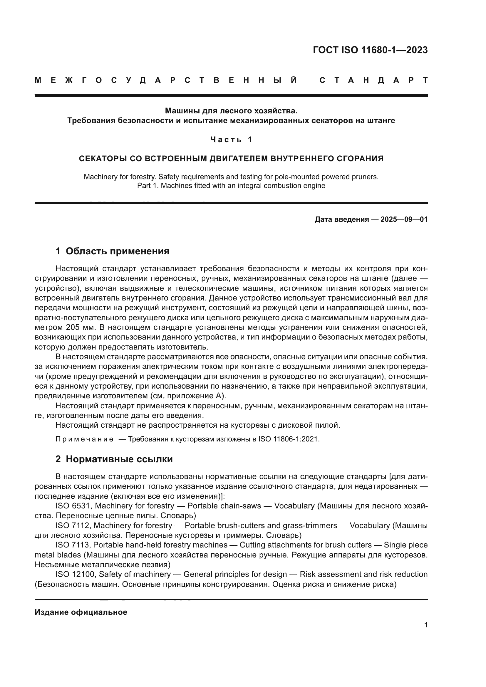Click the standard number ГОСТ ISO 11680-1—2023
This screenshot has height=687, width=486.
pos(370,50)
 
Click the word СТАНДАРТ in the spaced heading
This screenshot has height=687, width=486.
pos(373,80)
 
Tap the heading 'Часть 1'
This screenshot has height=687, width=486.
pos(231,140)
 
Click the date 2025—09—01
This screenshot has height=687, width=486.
pos(404,219)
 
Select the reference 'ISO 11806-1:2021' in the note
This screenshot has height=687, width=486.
pos(289,439)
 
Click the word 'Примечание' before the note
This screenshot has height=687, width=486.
pos(84,439)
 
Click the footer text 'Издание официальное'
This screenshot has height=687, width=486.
pos(81,612)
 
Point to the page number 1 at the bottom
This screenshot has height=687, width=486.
pos(425,625)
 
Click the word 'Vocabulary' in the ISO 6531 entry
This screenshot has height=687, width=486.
pos(294,506)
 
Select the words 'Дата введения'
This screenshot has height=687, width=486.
pos(341,219)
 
